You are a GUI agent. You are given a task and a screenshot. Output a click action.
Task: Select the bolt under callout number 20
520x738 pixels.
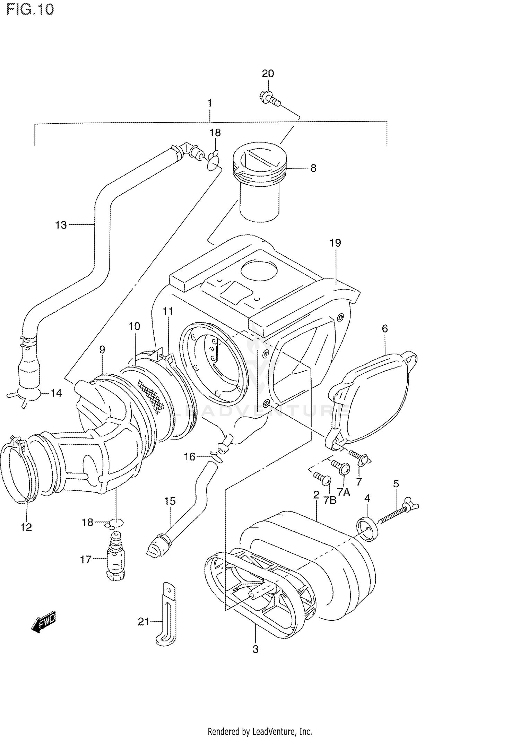pos(270,97)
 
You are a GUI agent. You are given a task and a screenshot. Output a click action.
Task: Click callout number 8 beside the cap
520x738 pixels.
pos(313,168)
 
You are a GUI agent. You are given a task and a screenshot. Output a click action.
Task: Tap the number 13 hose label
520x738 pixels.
pos(61,225)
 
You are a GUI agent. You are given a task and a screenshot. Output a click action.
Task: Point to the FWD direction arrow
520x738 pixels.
pos(44,625)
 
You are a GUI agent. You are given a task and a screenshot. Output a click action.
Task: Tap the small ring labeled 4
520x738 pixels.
pos(367,529)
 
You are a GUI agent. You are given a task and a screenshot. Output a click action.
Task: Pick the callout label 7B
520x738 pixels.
pos(330,500)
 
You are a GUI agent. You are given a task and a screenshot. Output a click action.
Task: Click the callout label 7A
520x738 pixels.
pos(344,492)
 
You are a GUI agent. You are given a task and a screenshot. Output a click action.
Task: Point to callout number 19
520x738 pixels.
pos(335,243)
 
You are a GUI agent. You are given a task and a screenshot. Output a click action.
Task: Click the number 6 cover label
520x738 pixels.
pos(385,328)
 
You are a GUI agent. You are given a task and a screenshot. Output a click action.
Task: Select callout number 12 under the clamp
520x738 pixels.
pos(26,527)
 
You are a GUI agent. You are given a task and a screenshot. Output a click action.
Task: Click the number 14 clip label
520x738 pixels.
pos(56,393)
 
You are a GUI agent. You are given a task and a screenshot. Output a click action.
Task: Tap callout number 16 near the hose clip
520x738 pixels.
pos(190,457)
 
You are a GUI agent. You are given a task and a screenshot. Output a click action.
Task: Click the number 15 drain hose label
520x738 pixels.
pos(170,501)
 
